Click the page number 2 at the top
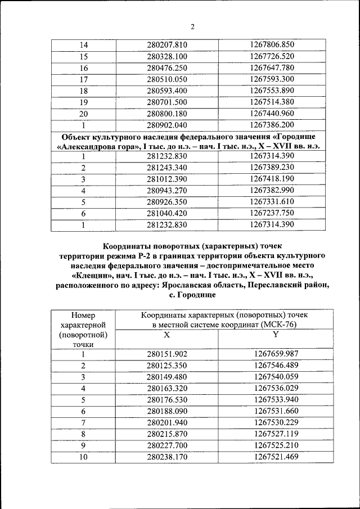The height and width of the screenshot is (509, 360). pyautogui.click(x=192, y=27)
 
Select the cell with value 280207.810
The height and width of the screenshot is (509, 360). pyautogui.click(x=166, y=45)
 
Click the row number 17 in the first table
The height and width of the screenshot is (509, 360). pyautogui.click(x=84, y=79)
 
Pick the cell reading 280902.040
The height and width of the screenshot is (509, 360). pyautogui.click(x=166, y=125)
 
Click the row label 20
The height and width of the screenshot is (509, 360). pyautogui.click(x=84, y=114)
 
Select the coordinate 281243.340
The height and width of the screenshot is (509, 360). pyautogui.click(x=166, y=168)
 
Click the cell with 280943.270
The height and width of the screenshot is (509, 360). pyautogui.click(x=166, y=191)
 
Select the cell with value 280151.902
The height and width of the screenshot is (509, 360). pyautogui.click(x=166, y=354)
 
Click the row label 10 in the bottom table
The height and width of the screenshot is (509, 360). pyautogui.click(x=83, y=457)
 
